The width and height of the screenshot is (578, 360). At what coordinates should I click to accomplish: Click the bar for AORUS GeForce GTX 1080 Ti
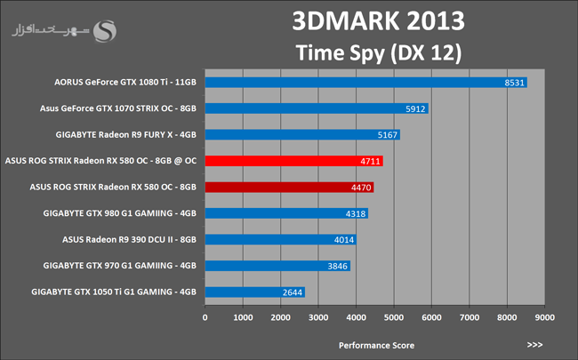[x=366, y=83]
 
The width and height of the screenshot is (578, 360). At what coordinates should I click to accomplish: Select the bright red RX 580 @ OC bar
[x=307, y=161]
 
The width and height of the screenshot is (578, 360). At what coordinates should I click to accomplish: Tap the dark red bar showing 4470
[x=290, y=188]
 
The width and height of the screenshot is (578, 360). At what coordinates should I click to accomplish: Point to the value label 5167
[x=388, y=135]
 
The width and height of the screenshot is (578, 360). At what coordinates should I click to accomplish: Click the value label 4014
[x=344, y=239]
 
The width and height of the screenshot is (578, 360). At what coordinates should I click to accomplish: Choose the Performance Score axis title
[x=375, y=344]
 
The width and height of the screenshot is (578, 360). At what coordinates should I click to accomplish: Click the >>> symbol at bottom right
[x=534, y=344]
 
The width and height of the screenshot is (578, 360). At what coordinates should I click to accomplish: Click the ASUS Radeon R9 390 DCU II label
[x=130, y=239]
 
